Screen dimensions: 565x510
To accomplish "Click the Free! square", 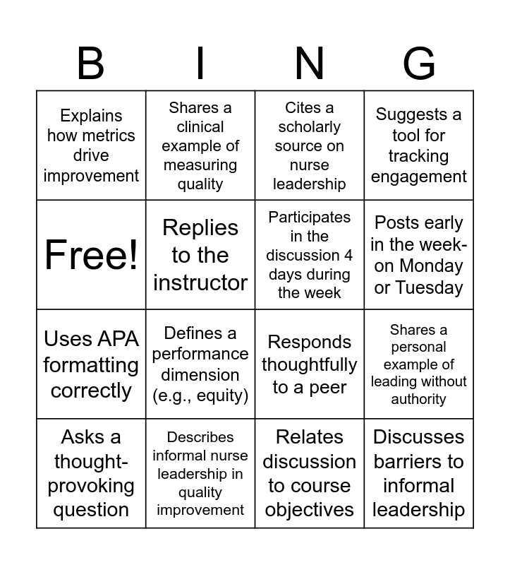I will pos(91,254).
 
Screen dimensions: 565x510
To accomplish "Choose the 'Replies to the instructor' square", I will pos(200,254).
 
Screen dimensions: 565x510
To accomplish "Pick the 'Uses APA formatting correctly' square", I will pos(91,364).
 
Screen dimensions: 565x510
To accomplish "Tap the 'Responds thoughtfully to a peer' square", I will pos(310,364).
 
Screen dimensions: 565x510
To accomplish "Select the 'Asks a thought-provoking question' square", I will pos(91,473).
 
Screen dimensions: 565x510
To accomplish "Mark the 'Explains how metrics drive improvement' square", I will pos(91,145).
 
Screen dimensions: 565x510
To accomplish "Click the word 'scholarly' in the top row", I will pos(310,127).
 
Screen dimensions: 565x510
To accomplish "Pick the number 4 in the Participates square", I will pos(348,255).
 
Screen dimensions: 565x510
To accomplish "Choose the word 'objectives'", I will pos(310,510).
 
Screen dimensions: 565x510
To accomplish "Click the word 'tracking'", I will pos(419,156).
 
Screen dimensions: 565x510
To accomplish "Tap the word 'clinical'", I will pos(200,127).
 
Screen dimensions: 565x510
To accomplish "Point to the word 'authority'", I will pos(419,399).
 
